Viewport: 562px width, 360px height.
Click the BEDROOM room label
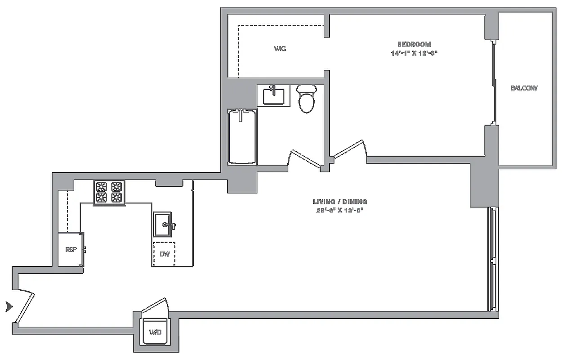pyautogui.click(x=414, y=44)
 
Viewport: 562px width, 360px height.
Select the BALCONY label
pyautogui.click(x=524, y=88)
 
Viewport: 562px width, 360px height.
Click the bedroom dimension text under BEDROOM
pyautogui.click(x=414, y=53)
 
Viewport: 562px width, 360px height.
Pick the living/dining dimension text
pyautogui.click(x=340, y=210)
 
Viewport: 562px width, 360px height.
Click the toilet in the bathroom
pyautogui.click(x=308, y=98)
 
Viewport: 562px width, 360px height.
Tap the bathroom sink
pyautogui.click(x=273, y=95)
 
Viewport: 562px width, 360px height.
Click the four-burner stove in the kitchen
pyautogui.click(x=109, y=192)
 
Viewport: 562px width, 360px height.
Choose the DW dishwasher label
pyautogui.click(x=165, y=254)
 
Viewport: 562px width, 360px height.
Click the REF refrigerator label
pyautogui.click(x=70, y=250)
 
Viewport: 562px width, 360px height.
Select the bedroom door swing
pyautogui.click(x=350, y=148)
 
